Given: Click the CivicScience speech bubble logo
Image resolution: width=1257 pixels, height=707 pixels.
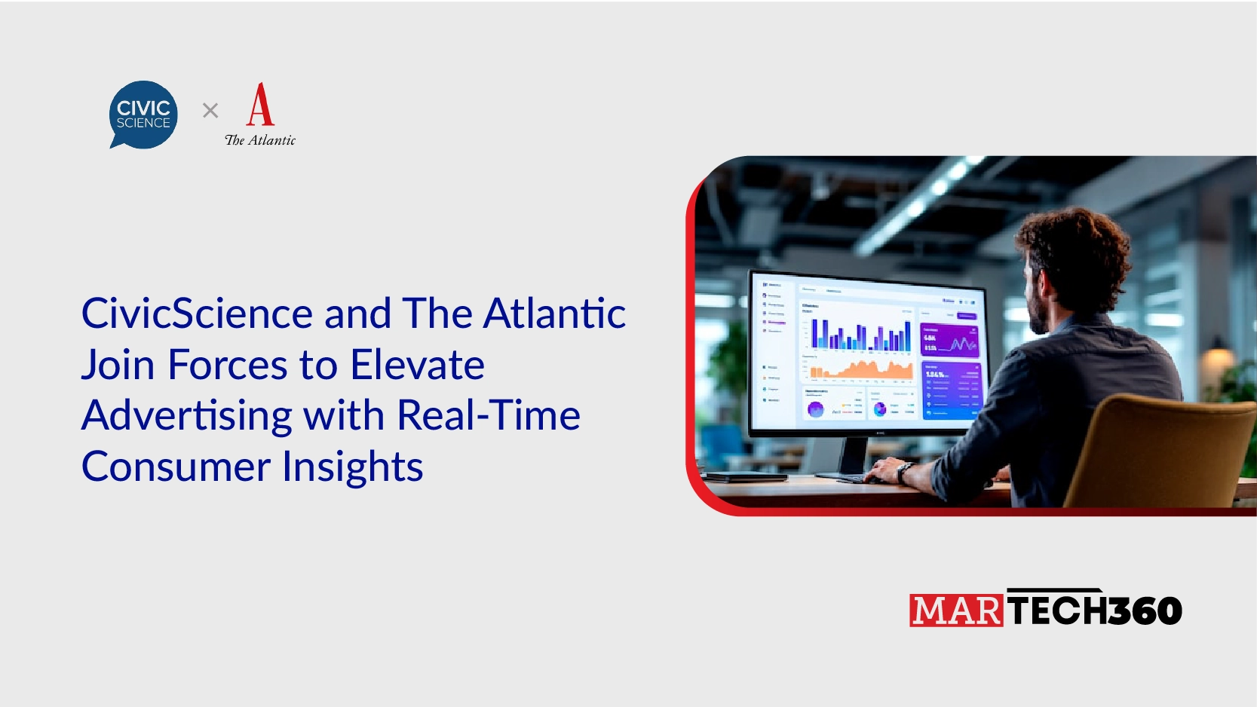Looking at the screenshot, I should (x=143, y=114).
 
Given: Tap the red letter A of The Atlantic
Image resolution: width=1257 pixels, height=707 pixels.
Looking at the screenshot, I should (x=260, y=105).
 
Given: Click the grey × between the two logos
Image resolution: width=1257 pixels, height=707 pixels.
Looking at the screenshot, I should (x=210, y=111).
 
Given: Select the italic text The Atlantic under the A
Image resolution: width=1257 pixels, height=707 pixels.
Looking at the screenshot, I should (x=260, y=140).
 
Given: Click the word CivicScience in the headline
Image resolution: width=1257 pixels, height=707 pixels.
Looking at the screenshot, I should (x=197, y=314).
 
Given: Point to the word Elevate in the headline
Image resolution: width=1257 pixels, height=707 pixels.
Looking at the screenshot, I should (x=417, y=365).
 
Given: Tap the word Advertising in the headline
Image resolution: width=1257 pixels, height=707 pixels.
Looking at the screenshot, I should (x=186, y=415).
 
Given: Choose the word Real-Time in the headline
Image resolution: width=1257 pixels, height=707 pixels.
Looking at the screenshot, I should (x=488, y=415).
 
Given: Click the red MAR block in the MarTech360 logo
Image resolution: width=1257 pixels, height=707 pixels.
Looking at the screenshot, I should (x=956, y=611).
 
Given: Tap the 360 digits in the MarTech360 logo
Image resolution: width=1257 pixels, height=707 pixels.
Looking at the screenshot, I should (x=1145, y=611).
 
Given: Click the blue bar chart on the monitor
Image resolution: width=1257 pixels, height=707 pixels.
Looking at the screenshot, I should (x=860, y=336).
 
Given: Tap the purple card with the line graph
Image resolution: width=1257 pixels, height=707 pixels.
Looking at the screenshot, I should (x=949, y=341).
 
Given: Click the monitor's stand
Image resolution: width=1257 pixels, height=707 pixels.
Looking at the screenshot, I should (x=853, y=456).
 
